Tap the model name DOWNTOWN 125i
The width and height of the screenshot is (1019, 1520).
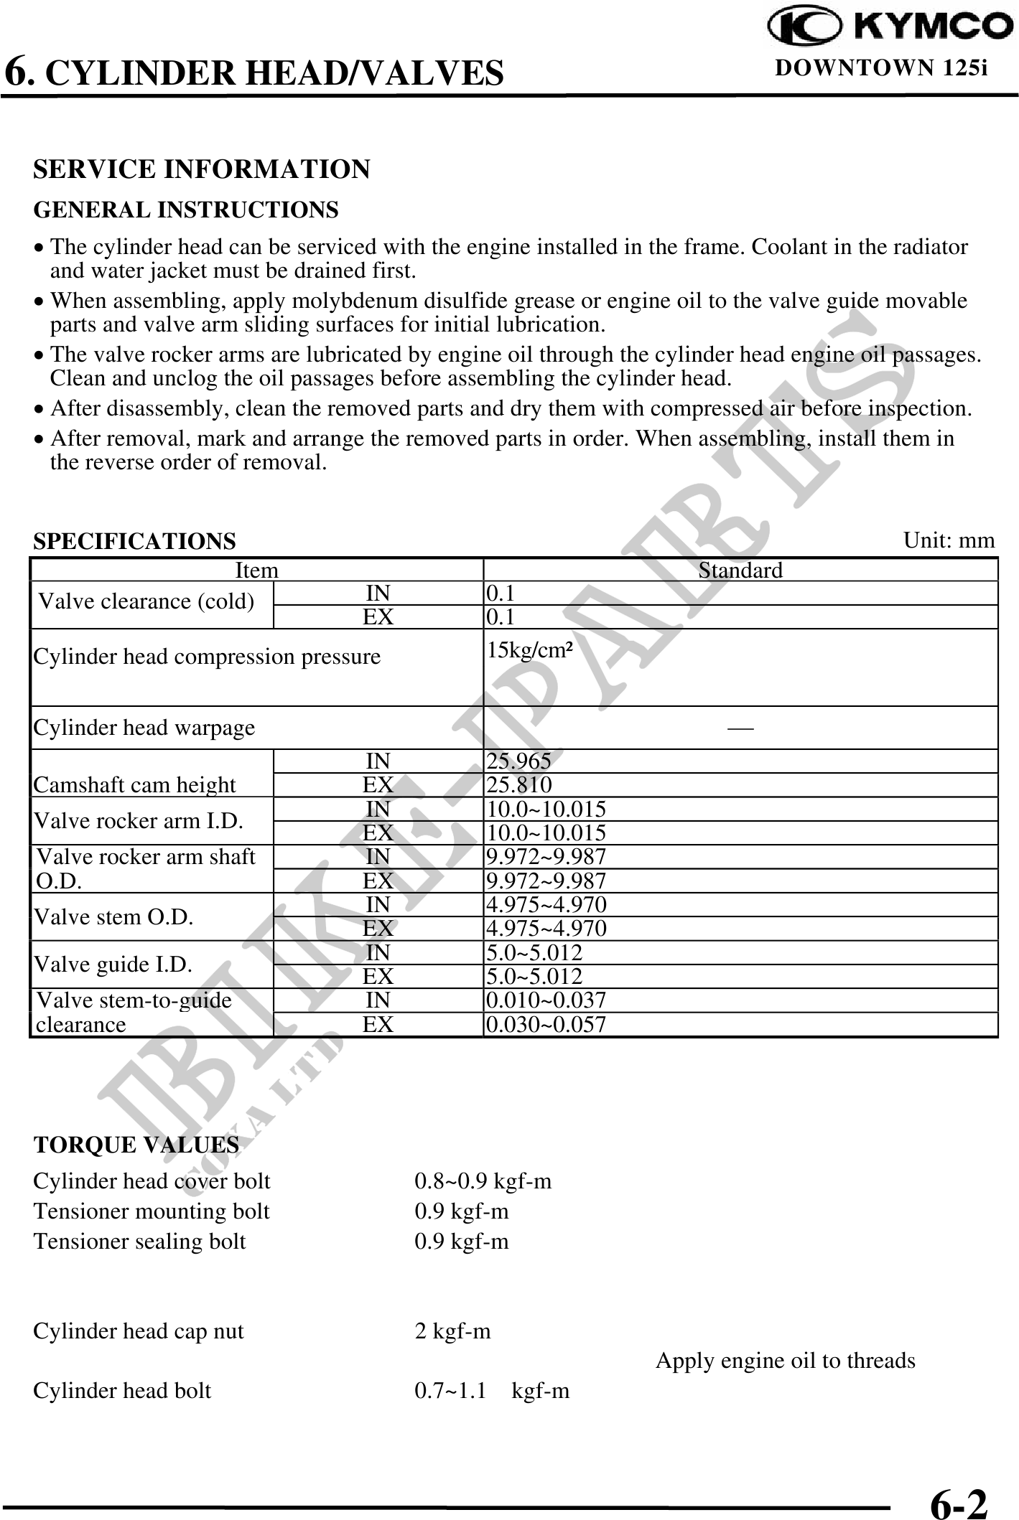pyautogui.click(x=881, y=68)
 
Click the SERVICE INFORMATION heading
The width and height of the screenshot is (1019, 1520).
pyautogui.click(x=202, y=169)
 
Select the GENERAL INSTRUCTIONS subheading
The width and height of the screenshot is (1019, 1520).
pyautogui.click(x=186, y=210)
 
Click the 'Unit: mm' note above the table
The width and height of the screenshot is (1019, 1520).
pyautogui.click(x=949, y=540)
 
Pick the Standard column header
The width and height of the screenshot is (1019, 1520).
pyautogui.click(x=740, y=571)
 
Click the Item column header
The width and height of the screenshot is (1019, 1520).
pyautogui.click(x=256, y=571)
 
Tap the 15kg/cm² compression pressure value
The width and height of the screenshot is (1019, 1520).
pyautogui.click(x=530, y=651)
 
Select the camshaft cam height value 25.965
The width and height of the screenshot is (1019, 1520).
pyautogui.click(x=519, y=761)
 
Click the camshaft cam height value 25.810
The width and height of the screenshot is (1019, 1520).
pyautogui.click(x=519, y=784)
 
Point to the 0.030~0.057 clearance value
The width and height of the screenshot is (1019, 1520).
pyautogui.click(x=546, y=1024)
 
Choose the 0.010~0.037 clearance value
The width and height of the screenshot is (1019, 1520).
pyautogui.click(x=546, y=1000)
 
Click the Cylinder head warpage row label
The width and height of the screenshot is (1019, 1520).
pyautogui.click(x=144, y=728)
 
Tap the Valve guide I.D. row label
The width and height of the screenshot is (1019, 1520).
pyautogui.click(x=113, y=964)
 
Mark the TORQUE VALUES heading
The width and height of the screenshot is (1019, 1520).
pyautogui.click(x=136, y=1145)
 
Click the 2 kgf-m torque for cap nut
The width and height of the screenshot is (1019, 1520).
pyautogui.click(x=452, y=1332)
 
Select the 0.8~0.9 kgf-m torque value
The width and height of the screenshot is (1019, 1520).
pyautogui.click(x=483, y=1181)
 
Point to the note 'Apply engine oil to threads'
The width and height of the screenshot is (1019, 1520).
pyautogui.click(x=785, y=1361)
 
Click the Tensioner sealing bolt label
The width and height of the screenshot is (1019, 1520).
pyautogui.click(x=139, y=1242)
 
